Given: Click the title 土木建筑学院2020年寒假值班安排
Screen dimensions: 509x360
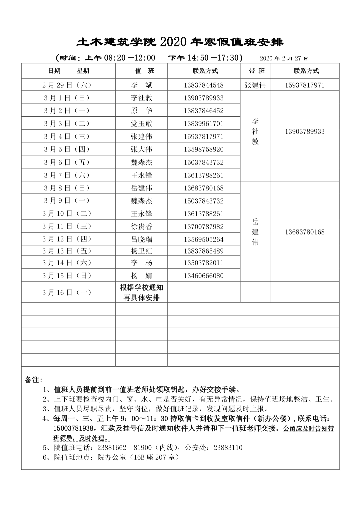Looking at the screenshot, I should click(180, 42).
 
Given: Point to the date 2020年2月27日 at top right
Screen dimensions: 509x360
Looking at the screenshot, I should click(284, 58).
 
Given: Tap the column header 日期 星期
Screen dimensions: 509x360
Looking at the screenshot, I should click(69, 71).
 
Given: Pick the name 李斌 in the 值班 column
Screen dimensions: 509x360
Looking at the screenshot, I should click(141, 85).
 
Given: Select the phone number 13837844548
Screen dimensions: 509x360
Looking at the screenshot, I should click(203, 85).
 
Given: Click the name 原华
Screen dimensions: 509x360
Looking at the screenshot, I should click(141, 111).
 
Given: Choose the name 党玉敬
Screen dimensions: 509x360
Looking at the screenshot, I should click(141, 123).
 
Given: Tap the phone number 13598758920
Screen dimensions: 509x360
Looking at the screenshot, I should click(203, 149).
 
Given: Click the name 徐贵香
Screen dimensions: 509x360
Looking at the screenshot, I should click(141, 226).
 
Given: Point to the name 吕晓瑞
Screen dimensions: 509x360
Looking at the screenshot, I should click(141, 239).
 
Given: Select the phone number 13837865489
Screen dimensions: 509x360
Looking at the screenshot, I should click(203, 251).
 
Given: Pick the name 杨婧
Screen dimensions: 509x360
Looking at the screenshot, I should click(141, 276).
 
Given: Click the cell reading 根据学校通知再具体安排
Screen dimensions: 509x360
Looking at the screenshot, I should click(141, 292).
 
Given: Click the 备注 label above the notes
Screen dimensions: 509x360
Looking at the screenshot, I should click(34, 380).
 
